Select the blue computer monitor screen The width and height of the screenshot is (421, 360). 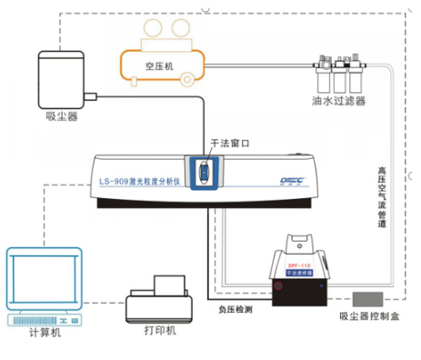click(41, 277)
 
